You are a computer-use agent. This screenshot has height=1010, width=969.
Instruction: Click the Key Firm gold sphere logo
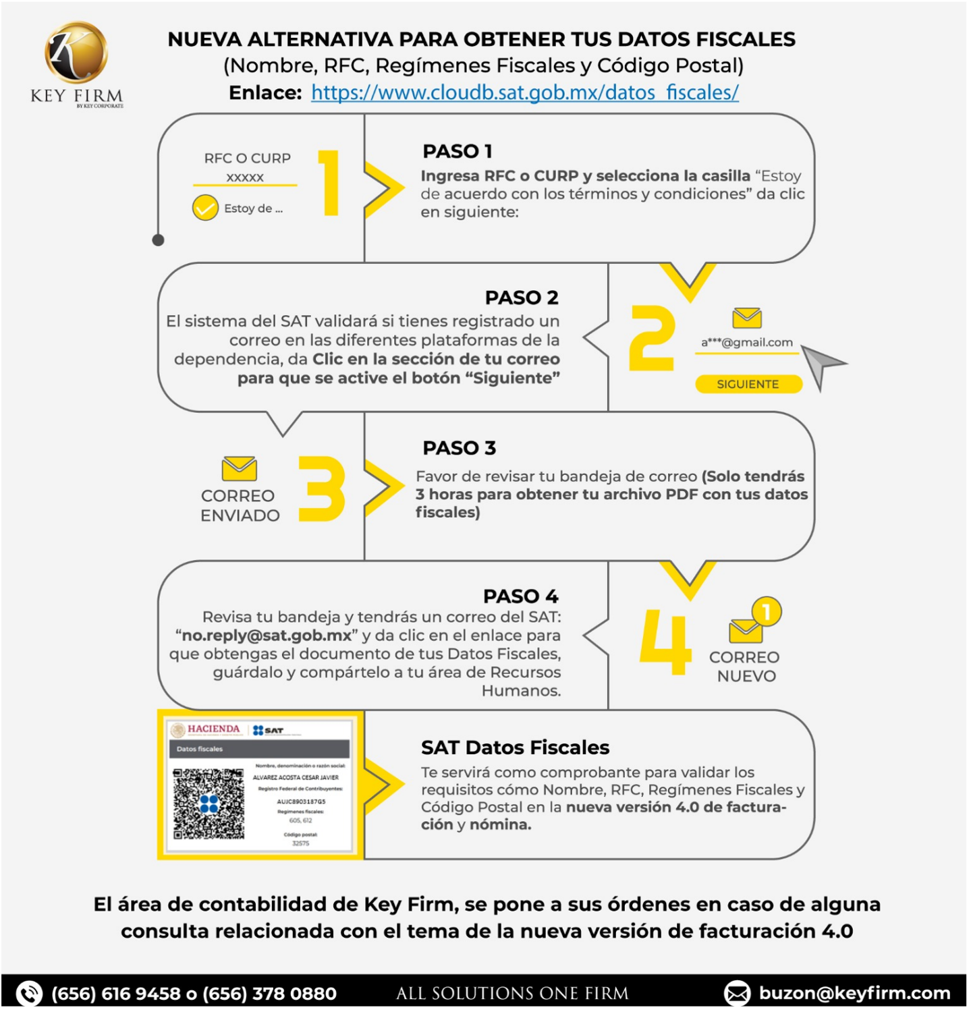coord(76,53)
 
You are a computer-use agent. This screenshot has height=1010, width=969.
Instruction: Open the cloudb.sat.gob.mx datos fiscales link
coord(524,92)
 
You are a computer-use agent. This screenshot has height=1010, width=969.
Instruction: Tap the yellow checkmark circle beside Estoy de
coord(205,208)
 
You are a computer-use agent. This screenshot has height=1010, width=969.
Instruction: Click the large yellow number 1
coord(329,183)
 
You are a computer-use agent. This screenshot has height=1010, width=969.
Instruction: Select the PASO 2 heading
coord(521,298)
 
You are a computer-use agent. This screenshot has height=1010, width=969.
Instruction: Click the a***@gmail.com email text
coord(746,343)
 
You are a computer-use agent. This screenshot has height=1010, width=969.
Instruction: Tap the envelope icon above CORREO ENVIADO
coord(239,468)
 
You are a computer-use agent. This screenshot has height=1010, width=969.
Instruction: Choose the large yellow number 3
coord(323,488)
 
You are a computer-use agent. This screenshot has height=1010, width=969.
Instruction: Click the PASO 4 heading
coord(520,596)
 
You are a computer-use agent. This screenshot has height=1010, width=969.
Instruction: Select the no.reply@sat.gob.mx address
coord(267,636)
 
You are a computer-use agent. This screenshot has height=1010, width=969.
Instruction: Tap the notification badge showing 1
coord(766,612)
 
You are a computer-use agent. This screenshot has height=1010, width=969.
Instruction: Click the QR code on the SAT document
coord(209,803)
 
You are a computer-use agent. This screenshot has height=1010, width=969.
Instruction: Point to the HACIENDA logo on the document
coord(206,729)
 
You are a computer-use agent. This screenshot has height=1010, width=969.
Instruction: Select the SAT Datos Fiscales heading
coord(515,748)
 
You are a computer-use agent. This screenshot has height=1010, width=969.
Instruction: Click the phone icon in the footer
coord(29,993)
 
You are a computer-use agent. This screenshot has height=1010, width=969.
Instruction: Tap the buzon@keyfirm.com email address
coord(854,993)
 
